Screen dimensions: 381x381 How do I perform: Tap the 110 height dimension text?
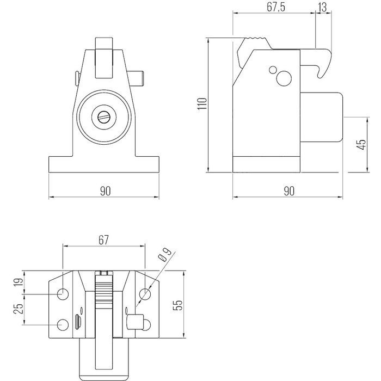point(201,103)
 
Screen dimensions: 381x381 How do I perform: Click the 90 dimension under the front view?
point(105,190)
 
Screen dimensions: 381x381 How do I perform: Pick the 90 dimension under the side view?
point(288,190)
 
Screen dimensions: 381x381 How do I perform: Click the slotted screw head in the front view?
point(105,116)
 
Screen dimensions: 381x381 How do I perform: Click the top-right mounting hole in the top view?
point(145,294)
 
